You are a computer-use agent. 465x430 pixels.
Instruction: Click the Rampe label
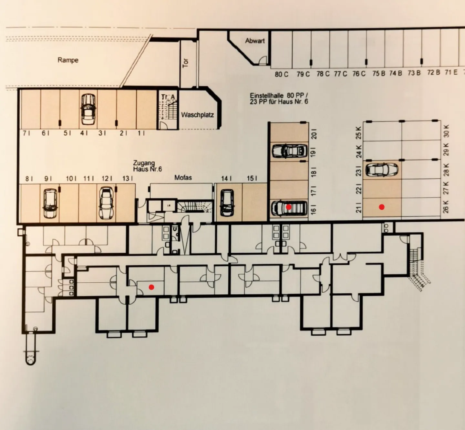pos(68,60)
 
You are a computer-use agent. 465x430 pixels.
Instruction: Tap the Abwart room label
pos(255,41)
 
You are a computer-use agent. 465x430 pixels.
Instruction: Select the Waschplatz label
pos(197,115)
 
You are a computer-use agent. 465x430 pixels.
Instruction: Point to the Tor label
pos(186,63)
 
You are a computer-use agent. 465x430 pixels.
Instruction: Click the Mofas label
pos(183,177)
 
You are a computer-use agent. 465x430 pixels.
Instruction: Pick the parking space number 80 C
pos(282,74)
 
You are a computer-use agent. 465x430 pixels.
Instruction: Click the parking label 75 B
pos(378,73)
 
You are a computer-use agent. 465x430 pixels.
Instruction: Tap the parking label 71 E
pos(451,72)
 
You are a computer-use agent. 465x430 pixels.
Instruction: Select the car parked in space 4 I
pos(88,109)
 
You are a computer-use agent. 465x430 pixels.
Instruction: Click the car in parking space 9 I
pos(50,203)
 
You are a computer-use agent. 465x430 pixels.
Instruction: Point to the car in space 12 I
pos(106,203)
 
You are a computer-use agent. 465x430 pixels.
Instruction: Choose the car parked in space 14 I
pos(227,203)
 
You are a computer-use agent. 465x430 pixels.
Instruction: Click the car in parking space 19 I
pos(289,151)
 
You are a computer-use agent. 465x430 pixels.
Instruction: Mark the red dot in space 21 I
pos(382,207)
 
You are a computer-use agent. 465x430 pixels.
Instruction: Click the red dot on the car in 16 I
pos(289,206)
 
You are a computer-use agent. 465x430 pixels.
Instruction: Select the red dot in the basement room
pos(151,287)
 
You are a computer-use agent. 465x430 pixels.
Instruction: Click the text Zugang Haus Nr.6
pos(147,166)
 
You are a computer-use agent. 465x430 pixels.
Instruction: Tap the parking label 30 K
pos(446,131)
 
